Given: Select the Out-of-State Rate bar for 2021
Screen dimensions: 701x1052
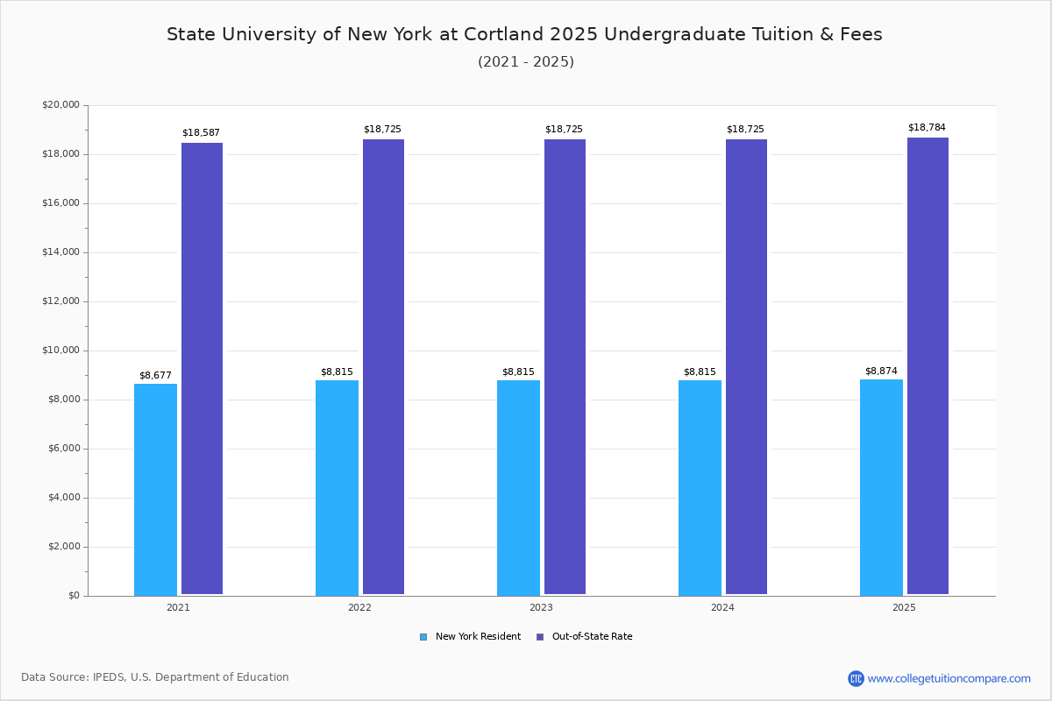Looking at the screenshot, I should point(202,368).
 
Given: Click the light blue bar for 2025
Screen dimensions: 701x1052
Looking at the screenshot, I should point(881,487).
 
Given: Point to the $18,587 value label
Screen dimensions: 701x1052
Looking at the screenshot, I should point(201,133).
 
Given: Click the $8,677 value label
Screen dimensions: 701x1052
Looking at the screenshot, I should point(155,376).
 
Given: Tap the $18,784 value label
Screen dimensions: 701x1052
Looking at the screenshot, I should point(927,128).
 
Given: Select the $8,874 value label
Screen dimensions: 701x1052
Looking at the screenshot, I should point(881,372).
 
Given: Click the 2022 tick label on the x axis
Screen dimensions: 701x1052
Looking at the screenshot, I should point(359,607).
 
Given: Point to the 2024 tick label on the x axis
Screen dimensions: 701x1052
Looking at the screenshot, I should point(722,607).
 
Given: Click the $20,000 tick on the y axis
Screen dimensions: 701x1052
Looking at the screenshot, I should point(60,105).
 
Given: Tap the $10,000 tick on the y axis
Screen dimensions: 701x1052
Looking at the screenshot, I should point(60,350).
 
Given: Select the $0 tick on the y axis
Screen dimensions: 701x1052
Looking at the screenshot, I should point(73,596).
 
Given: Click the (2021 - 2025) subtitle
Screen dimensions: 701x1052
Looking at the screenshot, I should point(526,62).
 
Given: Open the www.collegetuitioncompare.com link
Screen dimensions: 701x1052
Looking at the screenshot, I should point(949,678).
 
